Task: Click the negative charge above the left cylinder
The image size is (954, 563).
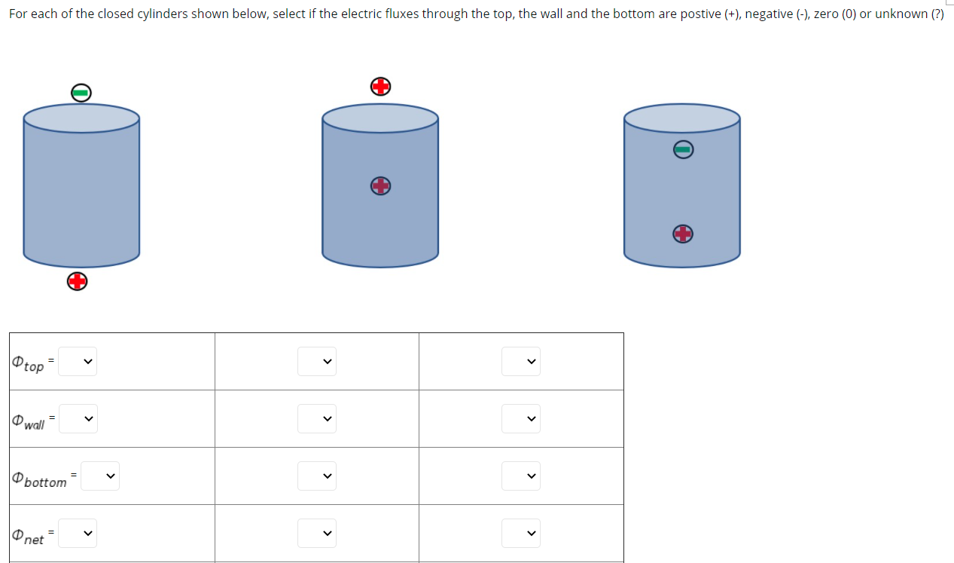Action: click(81, 93)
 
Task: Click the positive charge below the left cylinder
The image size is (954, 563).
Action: click(77, 282)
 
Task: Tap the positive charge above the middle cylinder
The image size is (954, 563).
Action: click(381, 87)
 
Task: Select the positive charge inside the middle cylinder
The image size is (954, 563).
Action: click(381, 185)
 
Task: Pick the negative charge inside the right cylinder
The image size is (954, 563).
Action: click(682, 150)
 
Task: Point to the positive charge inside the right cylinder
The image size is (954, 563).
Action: click(682, 234)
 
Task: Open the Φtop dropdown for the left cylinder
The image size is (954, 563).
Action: click(78, 362)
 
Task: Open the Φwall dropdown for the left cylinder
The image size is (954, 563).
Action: click(78, 418)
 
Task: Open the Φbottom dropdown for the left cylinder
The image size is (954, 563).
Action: click(100, 476)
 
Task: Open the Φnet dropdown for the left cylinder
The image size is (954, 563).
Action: click(78, 534)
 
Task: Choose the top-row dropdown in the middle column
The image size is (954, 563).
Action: click(317, 362)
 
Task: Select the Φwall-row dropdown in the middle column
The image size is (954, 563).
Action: click(317, 418)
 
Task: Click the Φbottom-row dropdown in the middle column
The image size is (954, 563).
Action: click(317, 476)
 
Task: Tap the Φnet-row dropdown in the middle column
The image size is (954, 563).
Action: click(317, 534)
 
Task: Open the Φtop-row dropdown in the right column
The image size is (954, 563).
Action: click(521, 362)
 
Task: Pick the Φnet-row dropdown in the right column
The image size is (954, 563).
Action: click(521, 534)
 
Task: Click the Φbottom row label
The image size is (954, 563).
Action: click(40, 479)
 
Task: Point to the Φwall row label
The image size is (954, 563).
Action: click(29, 422)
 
